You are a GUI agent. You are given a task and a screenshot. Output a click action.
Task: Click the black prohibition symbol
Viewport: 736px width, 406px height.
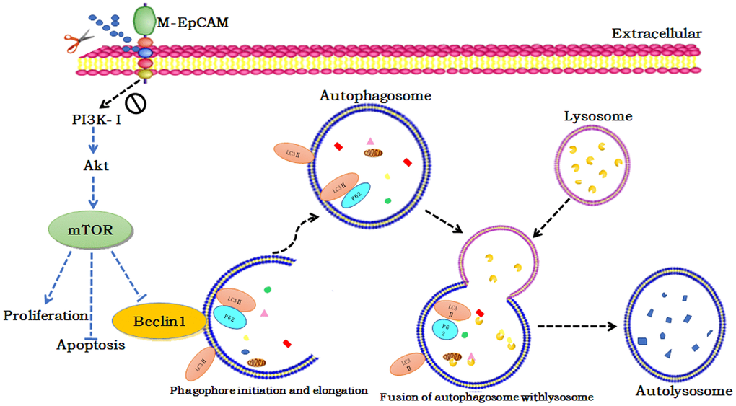tap(136, 105)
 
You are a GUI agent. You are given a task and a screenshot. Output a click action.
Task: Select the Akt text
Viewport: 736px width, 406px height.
tap(96, 165)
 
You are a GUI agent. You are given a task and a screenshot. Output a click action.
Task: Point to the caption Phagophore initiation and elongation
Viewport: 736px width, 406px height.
tap(269, 390)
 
